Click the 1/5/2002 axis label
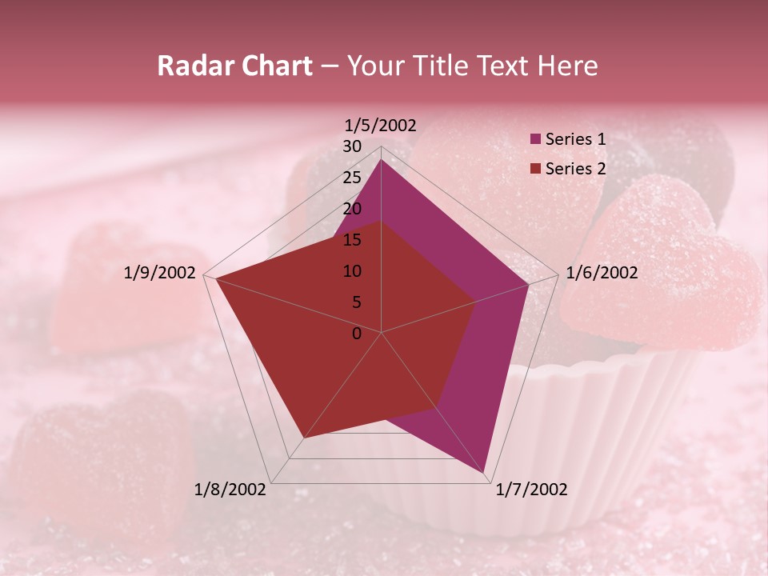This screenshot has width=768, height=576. pos(381,126)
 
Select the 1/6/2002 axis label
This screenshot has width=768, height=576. pos(602,273)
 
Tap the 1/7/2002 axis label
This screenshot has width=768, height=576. pos(531,490)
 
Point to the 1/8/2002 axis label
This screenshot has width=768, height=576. pos(230,490)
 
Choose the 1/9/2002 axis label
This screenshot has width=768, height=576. pos(160,273)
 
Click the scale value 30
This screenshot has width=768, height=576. pos(352,146)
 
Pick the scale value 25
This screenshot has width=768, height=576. pos(352,178)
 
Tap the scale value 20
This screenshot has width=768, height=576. pos(352,209)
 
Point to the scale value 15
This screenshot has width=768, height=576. pos(352,240)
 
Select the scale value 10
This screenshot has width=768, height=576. pos(352,271)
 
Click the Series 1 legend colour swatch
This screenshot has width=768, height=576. pos(536,139)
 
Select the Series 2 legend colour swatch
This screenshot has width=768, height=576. pos(536,169)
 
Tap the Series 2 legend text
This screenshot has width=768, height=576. pos(575,169)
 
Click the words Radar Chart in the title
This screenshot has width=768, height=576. pos(234,66)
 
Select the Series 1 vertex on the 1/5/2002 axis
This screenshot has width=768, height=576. pos(381,160)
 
